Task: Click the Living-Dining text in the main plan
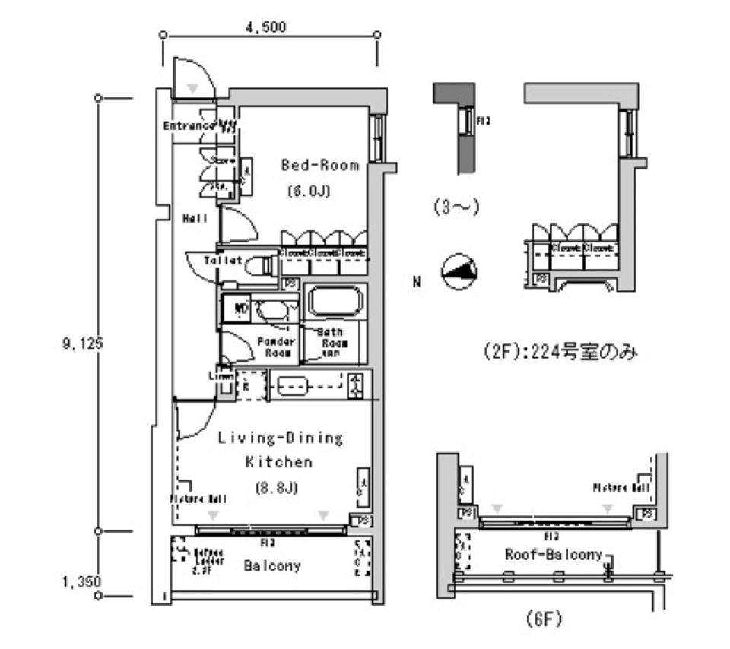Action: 281,438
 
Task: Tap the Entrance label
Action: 189,125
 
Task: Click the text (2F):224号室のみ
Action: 559,353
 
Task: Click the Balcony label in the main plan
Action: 272,566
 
